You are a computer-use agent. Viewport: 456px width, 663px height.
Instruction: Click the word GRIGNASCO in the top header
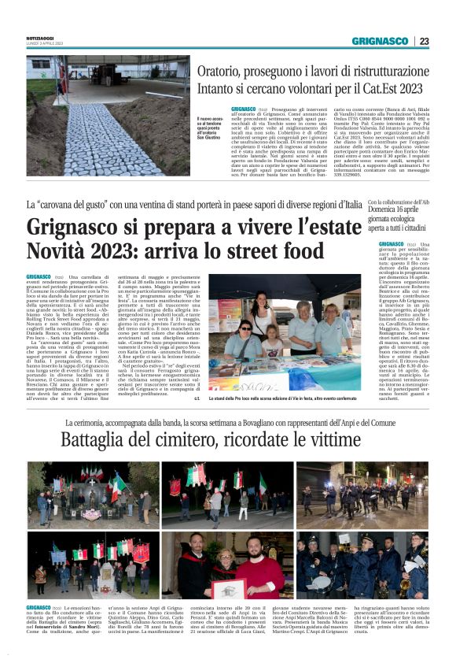380,41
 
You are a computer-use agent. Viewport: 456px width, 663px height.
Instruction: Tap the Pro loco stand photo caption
285,400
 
